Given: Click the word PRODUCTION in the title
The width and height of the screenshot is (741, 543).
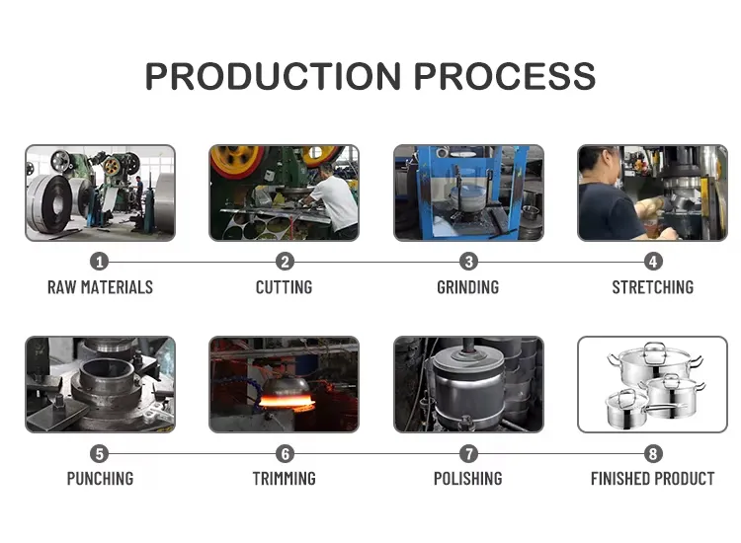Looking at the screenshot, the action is (274, 76).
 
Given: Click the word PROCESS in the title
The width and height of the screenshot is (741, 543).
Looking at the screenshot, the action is (505, 76).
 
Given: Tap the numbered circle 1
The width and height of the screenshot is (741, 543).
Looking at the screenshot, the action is (99, 262).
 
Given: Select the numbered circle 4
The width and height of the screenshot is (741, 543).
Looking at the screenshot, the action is (653, 262).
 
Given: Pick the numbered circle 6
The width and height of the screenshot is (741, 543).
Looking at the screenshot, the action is (285, 454).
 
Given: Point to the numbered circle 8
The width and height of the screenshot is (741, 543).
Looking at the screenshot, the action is (653, 454).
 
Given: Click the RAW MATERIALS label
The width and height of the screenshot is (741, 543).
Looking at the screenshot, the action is (100, 287).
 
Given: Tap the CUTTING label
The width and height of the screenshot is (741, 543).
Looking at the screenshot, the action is (284, 287).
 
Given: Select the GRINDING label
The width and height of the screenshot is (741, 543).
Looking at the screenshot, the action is (468, 287).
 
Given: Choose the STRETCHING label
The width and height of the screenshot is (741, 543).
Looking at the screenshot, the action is (653, 287).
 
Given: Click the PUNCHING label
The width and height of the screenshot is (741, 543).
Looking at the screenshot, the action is (100, 479).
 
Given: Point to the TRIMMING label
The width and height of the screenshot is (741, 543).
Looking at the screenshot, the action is (284, 479).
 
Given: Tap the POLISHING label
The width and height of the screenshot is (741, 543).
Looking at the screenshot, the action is (468, 479).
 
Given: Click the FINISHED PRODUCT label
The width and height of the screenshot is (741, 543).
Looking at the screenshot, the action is (653, 479).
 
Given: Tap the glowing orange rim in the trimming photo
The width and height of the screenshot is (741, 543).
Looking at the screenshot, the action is (286, 403).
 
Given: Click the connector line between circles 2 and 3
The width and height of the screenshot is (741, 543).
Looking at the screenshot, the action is (376, 262).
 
